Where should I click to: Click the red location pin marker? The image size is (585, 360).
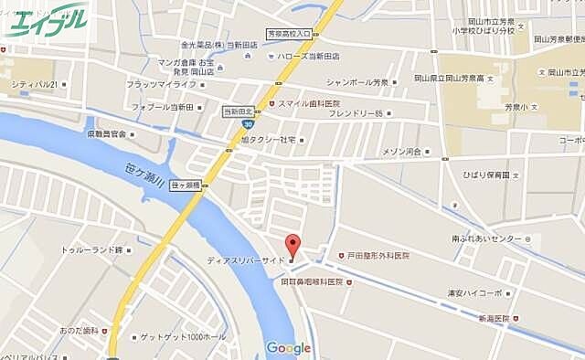coord(292,245)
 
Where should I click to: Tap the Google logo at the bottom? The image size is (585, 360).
coord(288,348)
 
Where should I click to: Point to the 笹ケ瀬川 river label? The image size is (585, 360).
coord(144,173)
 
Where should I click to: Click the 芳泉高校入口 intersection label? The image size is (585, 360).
coord(290,34)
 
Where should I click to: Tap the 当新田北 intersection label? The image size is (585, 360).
coord(239,111)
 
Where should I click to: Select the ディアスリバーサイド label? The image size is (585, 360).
coord(246,259)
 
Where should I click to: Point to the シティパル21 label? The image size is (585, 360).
coord(35,85)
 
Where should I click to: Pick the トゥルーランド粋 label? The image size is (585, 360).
coord(91,249)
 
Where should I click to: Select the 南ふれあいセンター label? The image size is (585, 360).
coord(486,238)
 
